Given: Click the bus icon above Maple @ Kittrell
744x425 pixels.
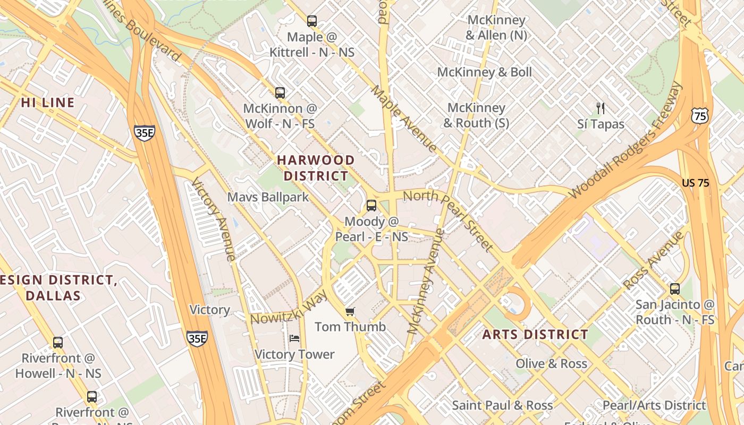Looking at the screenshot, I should [x=312, y=21].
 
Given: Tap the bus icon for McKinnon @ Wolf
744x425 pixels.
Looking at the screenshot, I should [x=280, y=92].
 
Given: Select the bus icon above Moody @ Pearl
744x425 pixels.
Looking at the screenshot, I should [x=371, y=206].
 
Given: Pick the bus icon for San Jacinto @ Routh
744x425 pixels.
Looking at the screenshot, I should [x=675, y=289].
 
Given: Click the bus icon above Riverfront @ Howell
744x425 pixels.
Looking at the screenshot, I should [x=58, y=343].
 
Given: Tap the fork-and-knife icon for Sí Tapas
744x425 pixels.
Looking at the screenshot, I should [x=601, y=108].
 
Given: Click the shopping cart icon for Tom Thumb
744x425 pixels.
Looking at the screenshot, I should [x=350, y=311].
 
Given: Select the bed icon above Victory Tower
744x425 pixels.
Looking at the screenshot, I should [x=294, y=338].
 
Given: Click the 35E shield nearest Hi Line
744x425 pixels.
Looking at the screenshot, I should [x=144, y=133].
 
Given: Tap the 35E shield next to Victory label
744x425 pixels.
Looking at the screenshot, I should [x=197, y=338].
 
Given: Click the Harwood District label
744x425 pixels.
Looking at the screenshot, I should [x=316, y=168].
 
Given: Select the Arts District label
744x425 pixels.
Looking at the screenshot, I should [x=535, y=335].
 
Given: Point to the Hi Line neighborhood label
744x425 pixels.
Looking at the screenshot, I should [x=48, y=103].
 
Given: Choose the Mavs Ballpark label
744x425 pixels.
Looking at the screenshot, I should [x=268, y=197].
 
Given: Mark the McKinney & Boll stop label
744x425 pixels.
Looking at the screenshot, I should [x=484, y=72].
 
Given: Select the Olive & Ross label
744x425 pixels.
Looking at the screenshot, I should [x=551, y=364].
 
